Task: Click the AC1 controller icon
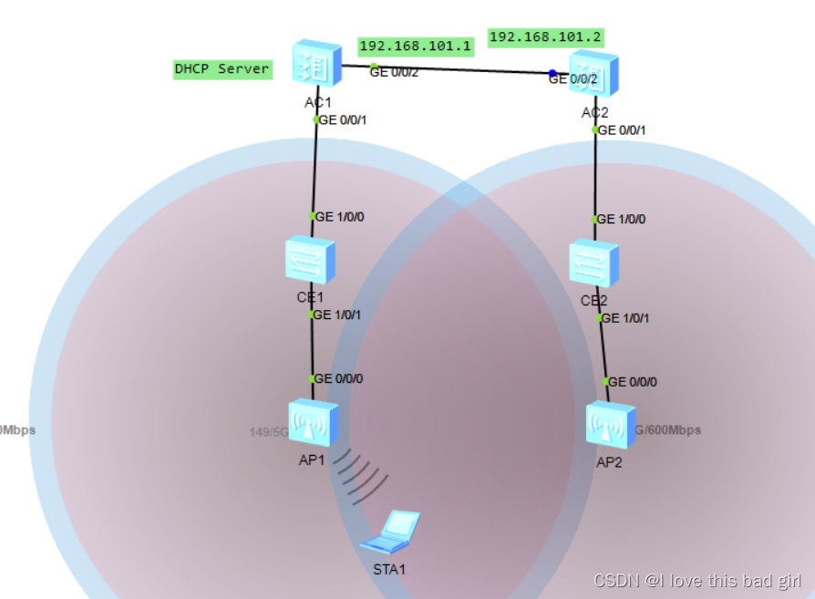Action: tap(315, 66)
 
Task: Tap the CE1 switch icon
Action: tap(311, 261)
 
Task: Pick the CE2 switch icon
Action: tap(593, 265)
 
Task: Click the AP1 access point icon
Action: tap(314, 422)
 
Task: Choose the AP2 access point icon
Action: tap(611, 424)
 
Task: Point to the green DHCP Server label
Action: tap(222, 69)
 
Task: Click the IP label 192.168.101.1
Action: tap(415, 46)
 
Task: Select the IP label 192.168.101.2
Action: tap(545, 36)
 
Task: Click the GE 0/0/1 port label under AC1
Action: tap(344, 119)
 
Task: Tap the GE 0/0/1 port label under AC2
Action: tap(624, 130)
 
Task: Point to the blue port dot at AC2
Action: tap(552, 73)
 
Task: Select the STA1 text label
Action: tap(389, 569)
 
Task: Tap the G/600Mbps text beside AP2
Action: tap(667, 430)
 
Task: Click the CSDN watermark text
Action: tap(697, 581)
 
